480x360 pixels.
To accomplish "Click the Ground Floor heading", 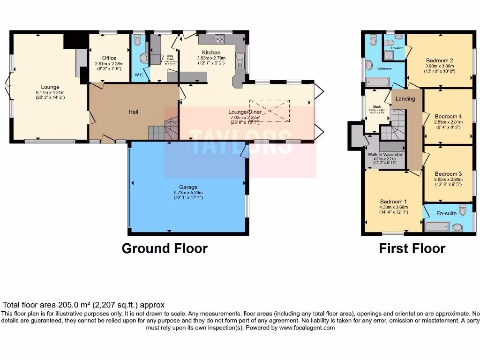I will [x=165, y=248].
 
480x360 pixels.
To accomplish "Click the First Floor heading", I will [x=412, y=248].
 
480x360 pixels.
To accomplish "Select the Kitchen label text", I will [x=211, y=52].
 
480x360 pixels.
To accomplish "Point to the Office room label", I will [x=109, y=58].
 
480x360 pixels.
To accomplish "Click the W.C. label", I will [x=139, y=75].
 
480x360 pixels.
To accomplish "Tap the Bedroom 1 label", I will [x=393, y=201].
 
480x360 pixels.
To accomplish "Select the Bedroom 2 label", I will [x=439, y=60].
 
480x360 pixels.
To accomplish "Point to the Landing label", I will [x=405, y=99].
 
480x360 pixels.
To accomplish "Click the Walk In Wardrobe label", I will [x=385, y=154].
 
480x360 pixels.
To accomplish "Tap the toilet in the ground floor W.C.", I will [x=137, y=41].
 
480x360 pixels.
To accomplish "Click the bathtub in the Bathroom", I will [x=377, y=82].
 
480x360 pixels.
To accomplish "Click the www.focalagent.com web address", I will [x=307, y=328].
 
